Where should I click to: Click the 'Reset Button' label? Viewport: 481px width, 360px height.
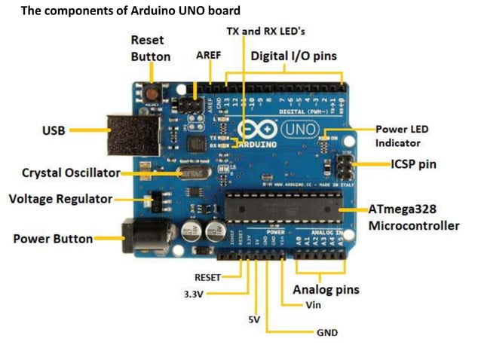pos(151,47)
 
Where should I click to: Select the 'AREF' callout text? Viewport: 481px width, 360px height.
pos(208,56)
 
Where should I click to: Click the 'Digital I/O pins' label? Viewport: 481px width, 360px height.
pos(294,56)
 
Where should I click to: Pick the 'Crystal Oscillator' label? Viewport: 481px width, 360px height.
pos(71,172)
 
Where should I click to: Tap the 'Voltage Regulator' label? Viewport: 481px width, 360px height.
pos(60,200)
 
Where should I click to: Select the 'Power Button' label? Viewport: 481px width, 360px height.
pos(53,239)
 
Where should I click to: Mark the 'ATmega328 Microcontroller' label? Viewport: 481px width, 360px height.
pos(413,217)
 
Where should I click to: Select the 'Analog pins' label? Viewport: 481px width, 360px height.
pos(326,289)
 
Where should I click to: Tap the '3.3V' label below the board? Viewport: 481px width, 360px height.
pos(194,294)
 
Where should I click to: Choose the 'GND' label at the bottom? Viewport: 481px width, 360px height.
pos(327,332)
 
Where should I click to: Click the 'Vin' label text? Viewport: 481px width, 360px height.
pos(314,305)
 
